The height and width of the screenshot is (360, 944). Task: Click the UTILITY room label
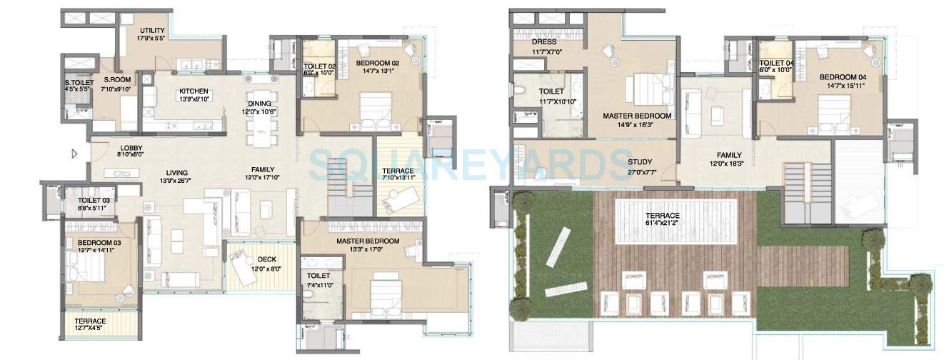[152, 30]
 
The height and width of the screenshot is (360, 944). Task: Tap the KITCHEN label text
[194, 91]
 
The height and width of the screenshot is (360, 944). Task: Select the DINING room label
[259, 104]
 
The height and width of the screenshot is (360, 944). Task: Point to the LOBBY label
[131, 147]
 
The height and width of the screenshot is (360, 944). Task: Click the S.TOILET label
[78, 81]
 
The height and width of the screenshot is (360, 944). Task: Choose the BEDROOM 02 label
[377, 63]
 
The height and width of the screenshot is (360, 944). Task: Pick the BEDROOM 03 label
[99, 243]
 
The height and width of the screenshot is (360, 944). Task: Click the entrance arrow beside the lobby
[74, 153]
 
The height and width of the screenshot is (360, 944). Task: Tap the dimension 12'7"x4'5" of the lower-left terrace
[90, 329]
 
